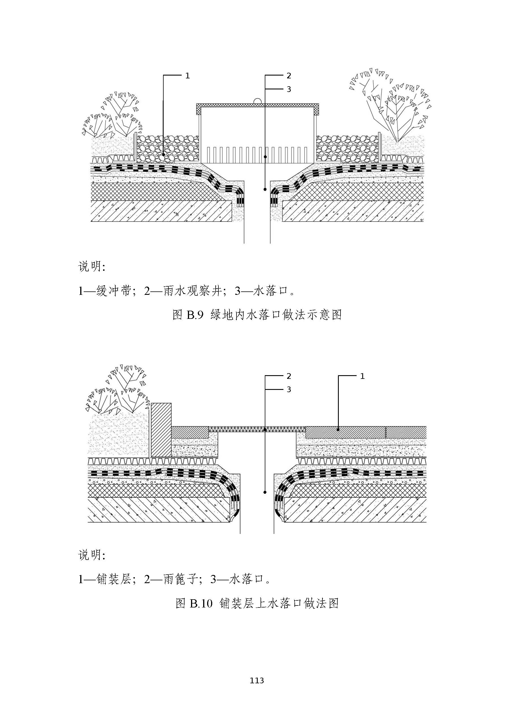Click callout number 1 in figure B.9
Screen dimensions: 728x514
187,76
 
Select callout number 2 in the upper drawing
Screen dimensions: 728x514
289,76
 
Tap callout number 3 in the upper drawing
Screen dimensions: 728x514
289,89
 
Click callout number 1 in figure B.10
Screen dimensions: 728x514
363,376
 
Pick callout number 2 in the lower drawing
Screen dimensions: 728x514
289,376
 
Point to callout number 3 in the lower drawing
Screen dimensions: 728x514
289,390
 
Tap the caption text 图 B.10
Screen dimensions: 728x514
194,604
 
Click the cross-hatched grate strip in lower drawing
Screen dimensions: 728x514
257,430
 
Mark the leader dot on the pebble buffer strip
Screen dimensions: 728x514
163,154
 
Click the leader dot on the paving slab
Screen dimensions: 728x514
339,430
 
